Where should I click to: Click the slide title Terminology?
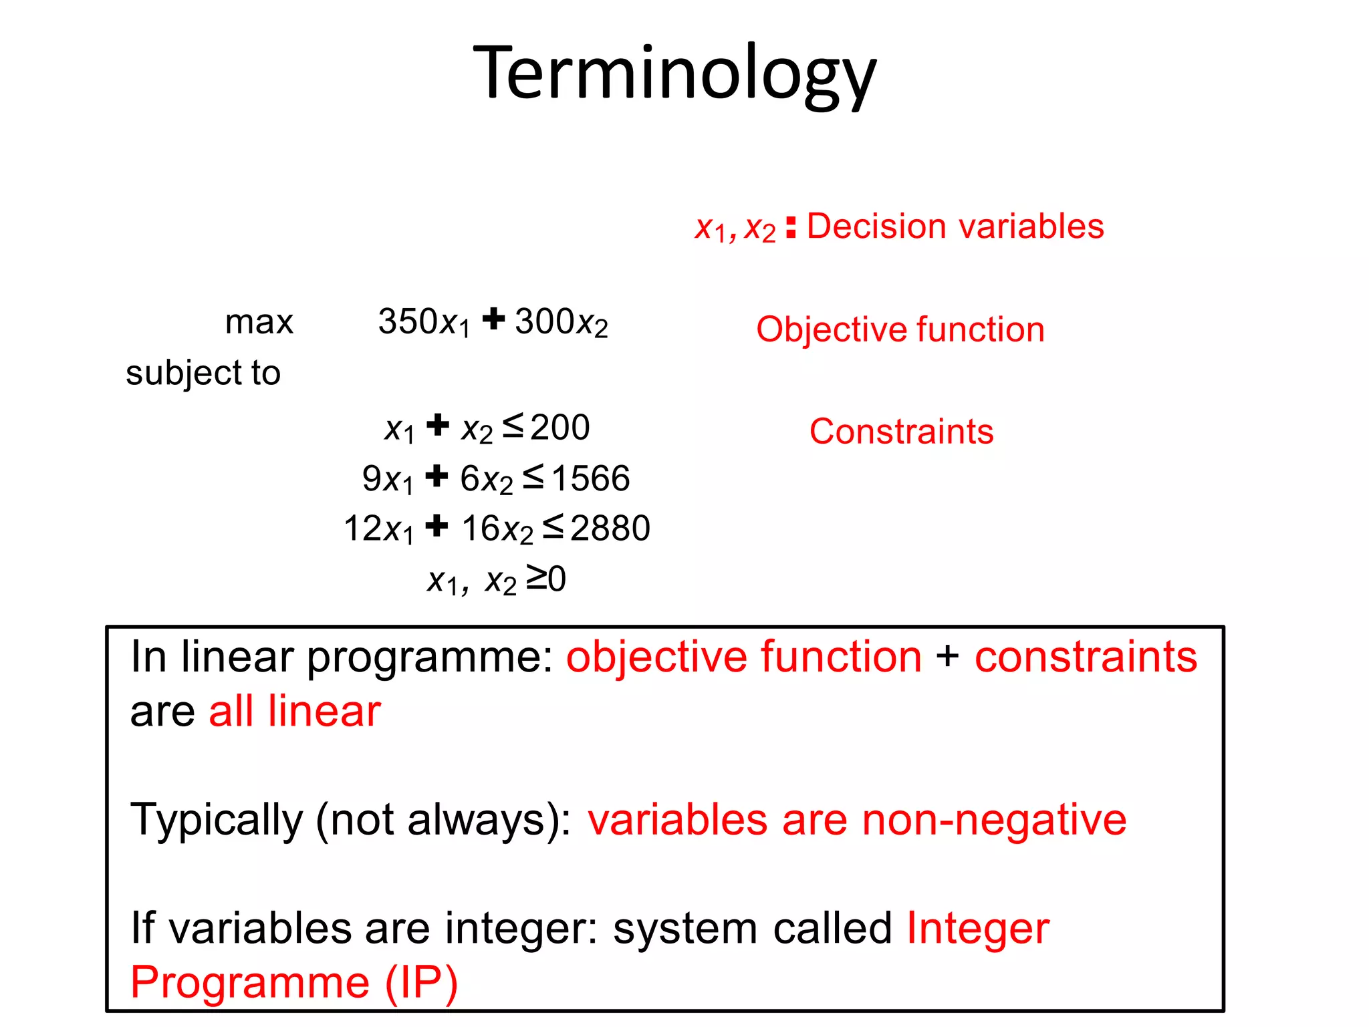674,74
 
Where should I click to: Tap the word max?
259,323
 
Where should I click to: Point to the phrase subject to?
203,373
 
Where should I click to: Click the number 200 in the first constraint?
560,428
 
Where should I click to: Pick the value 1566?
591,478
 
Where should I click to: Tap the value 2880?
610,529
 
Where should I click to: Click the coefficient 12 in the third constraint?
362,529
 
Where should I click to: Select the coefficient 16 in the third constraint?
480,529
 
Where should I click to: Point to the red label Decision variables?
955,227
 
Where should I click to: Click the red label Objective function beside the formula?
900,329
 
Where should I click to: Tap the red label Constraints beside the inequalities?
902,432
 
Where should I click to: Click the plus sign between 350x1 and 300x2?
493,319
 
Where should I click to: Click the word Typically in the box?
217,821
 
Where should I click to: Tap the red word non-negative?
994,821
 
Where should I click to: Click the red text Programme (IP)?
294,983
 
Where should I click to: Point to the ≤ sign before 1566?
533,476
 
